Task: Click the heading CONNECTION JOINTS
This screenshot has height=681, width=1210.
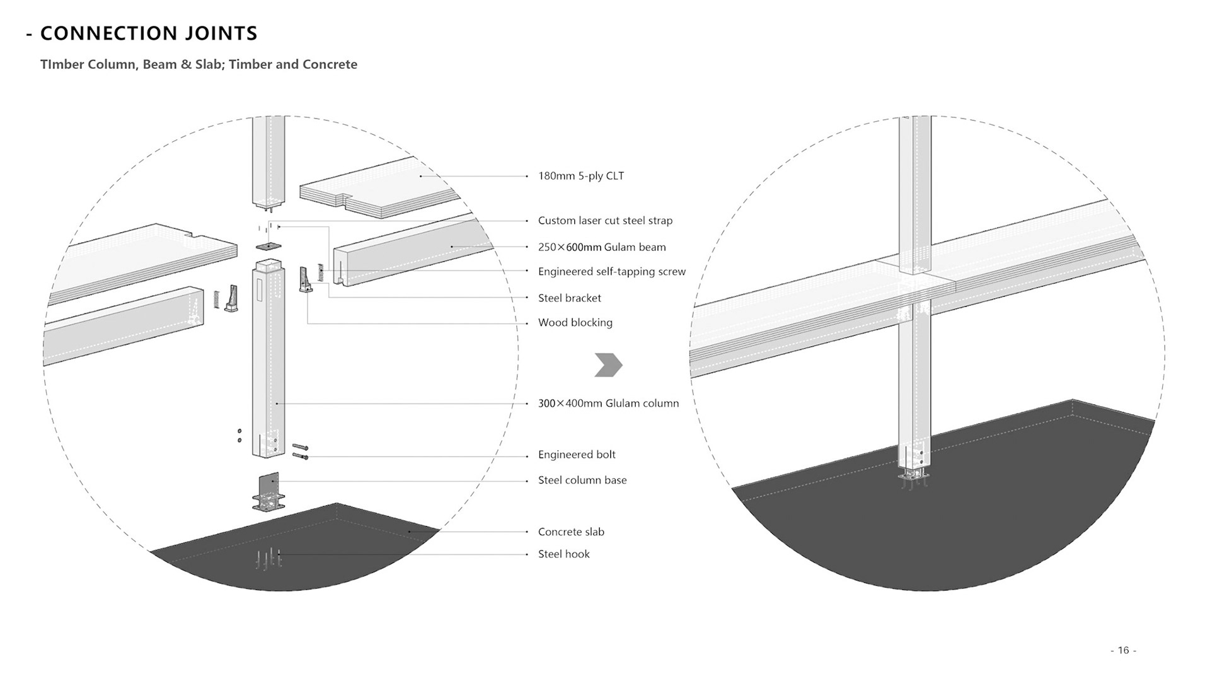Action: pos(149,33)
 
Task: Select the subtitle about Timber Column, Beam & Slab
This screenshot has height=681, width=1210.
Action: pos(199,64)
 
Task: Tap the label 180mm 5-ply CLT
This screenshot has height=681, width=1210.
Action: pos(580,176)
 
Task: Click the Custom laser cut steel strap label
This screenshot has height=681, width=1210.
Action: pos(605,221)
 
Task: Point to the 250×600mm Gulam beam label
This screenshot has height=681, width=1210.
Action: pos(601,247)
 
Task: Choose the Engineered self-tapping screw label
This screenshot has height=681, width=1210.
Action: pos(611,272)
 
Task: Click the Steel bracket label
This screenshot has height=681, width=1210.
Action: pos(569,298)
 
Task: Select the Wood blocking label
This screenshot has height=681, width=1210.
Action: pos(575,323)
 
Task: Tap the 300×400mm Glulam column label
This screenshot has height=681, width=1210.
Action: pos(608,404)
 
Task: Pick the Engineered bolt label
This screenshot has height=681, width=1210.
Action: pos(577,455)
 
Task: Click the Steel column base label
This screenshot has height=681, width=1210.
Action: pos(582,480)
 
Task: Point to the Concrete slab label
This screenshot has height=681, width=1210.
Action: pos(571,532)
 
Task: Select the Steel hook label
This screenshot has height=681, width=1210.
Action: pos(563,554)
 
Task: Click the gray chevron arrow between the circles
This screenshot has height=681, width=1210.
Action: pos(608,365)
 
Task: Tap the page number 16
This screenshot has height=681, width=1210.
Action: pos(1123,650)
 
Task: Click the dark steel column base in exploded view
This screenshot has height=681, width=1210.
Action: pos(268,491)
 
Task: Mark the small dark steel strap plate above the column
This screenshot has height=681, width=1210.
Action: pos(268,246)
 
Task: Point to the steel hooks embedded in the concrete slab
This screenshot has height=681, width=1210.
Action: pos(268,558)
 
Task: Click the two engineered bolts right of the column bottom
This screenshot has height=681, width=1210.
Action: pos(301,451)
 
